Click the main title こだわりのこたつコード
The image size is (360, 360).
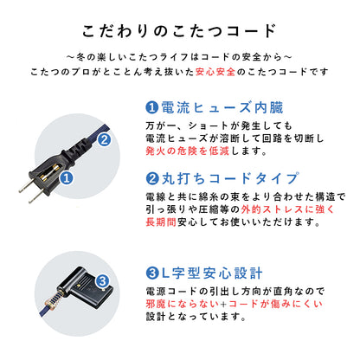tap(179, 30)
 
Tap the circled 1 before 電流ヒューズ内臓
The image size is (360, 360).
tap(151, 110)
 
